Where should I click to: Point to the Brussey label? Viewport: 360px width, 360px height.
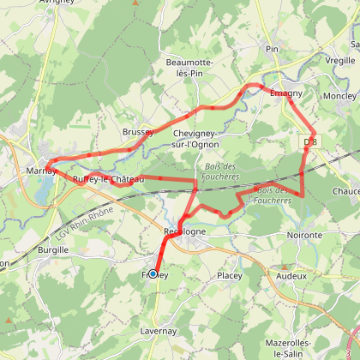coord(137,133)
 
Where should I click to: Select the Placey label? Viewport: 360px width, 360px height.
coord(229,275)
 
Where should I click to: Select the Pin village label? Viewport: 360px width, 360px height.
coord(273,49)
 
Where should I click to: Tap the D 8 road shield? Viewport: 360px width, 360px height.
coord(310,141)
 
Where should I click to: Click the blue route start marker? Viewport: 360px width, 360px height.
coord(153,273)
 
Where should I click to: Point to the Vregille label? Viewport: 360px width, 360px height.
coord(340,60)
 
